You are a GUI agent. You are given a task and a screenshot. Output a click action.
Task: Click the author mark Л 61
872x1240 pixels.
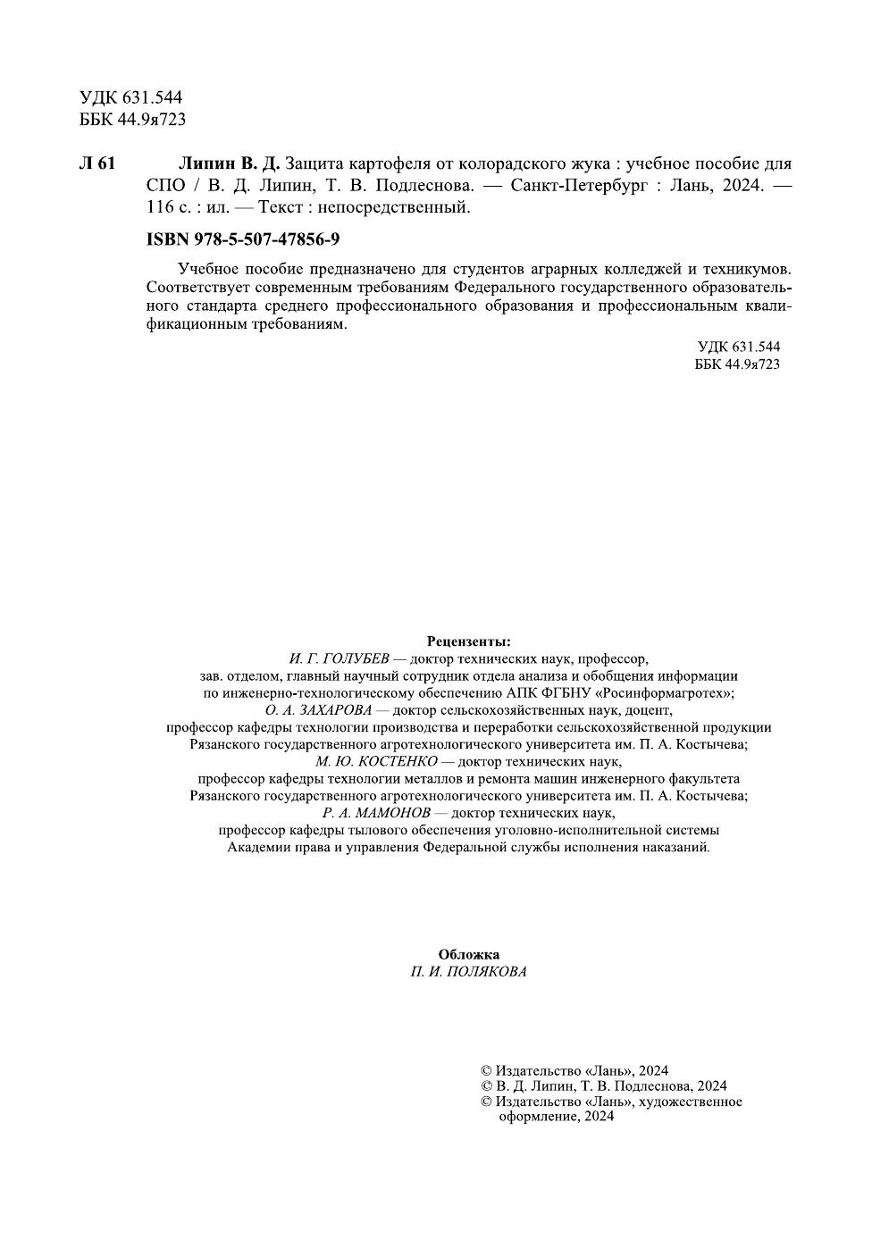[97, 163]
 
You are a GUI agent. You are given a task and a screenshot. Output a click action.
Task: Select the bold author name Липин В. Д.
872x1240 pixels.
[230, 163]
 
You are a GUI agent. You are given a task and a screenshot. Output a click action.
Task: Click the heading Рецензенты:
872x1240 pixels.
[468, 641]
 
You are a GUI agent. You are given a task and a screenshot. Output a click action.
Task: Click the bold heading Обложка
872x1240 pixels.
[468, 954]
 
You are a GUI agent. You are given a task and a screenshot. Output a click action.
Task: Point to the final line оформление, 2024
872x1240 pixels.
[556, 1117]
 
